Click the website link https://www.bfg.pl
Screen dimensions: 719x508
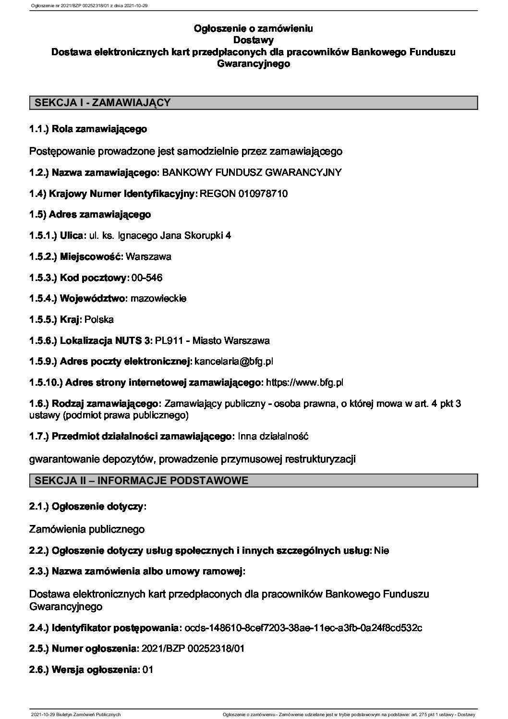pyautogui.click(x=304, y=383)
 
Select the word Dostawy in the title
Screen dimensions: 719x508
pyautogui.click(x=253, y=40)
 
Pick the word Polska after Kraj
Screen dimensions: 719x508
pyautogui.click(x=99, y=319)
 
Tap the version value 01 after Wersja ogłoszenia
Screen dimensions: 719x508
pyautogui.click(x=148, y=670)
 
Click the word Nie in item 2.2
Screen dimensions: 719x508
pyautogui.click(x=382, y=551)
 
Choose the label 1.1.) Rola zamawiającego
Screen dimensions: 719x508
pyautogui.click(x=88, y=129)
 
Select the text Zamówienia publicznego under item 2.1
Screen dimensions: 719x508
pyautogui.click(x=87, y=529)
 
